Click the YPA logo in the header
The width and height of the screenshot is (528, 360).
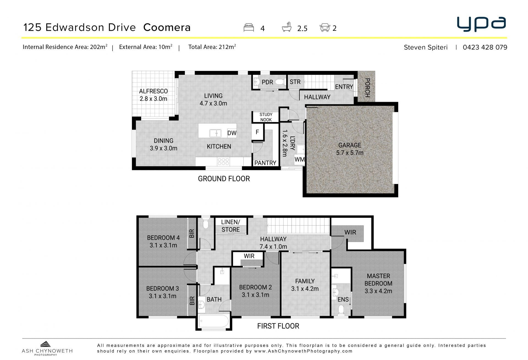pyautogui.click(x=481, y=24)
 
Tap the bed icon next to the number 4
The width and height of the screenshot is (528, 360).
pyautogui.click(x=249, y=28)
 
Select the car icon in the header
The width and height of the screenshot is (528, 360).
pyautogui.click(x=325, y=28)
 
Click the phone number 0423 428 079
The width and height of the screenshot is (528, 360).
pyautogui.click(x=485, y=47)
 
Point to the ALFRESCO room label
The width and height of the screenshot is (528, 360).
pyautogui.click(x=153, y=91)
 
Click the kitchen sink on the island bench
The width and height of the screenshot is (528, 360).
pyautogui.click(x=215, y=133)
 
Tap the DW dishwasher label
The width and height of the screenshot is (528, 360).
pyautogui.click(x=232, y=133)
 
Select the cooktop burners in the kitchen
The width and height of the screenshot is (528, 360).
pyautogui.click(x=223, y=161)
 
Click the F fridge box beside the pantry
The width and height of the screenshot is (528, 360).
pyautogui.click(x=257, y=132)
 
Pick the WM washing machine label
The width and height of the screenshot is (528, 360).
pyautogui.click(x=299, y=160)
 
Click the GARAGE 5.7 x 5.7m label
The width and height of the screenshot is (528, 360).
pyautogui.click(x=350, y=149)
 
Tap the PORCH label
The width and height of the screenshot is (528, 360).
pyautogui.click(x=367, y=88)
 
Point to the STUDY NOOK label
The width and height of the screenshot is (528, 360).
pyautogui.click(x=266, y=117)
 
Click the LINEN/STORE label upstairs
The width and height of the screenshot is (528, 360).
pyautogui.click(x=230, y=226)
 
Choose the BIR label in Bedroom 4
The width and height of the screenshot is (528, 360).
pyautogui.click(x=192, y=233)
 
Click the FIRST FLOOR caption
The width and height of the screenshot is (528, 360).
pyautogui.click(x=278, y=326)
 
